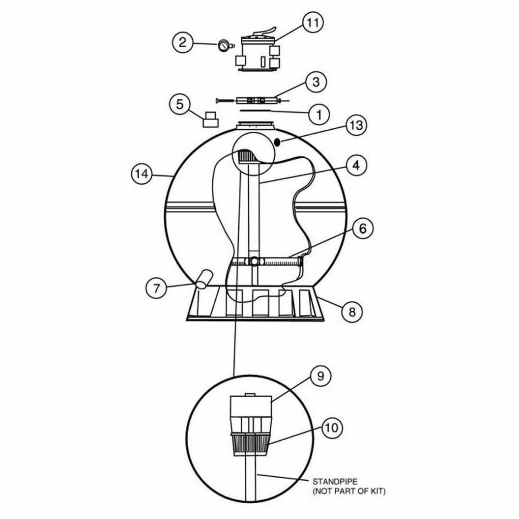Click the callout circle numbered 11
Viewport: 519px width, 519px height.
(313, 23)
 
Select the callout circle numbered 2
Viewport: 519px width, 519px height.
(182, 42)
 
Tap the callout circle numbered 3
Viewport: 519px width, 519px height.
(316, 82)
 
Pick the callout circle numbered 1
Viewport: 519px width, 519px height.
(319, 115)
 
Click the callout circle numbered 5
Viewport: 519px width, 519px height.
(180, 104)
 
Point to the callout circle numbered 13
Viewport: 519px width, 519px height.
(356, 125)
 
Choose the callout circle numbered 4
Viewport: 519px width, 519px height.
(356, 165)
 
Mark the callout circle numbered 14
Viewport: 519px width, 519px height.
(142, 174)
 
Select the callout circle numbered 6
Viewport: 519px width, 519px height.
(363, 229)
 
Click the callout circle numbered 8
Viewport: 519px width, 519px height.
(352, 312)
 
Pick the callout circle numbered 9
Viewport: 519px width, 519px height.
(320, 376)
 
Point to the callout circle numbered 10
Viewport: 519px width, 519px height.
(332, 428)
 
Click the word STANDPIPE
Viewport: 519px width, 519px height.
(335, 482)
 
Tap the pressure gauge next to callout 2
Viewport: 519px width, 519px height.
(224, 45)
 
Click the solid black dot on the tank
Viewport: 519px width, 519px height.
(277, 142)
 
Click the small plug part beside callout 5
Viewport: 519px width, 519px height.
(210, 119)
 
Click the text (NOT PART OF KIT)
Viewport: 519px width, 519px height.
(349, 491)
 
